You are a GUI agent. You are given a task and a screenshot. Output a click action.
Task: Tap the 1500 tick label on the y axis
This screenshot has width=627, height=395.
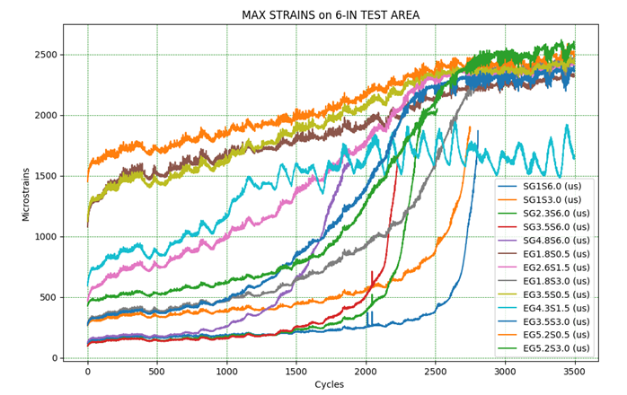(x=46, y=176)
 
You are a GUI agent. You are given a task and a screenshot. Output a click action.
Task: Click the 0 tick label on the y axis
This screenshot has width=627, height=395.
(x=55, y=358)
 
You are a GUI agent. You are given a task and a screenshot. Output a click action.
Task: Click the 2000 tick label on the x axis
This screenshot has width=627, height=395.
(x=366, y=370)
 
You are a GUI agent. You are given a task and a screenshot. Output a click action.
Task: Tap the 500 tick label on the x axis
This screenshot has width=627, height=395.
(x=157, y=370)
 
